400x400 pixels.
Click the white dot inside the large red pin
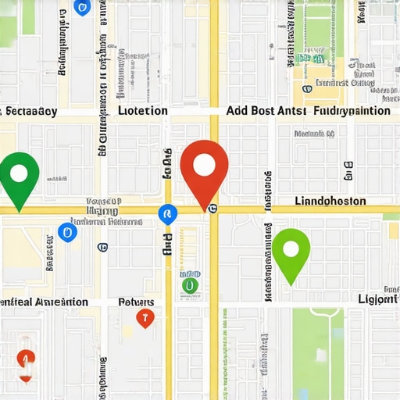pos(204,165)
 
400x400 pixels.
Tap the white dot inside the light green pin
pos(291,249)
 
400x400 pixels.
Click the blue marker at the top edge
pos(81,7)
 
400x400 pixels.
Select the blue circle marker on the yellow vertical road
pos(167,213)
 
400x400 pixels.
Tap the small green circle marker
pos(189,286)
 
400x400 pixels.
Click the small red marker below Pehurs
pos(143,317)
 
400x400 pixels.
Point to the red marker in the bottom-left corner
pos(26,360)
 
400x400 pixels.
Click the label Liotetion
pos(142,111)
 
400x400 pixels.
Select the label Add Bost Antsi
pos(264,111)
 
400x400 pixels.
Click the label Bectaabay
pos(30,111)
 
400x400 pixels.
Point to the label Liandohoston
pos(330,201)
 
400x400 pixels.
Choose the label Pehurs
pos(136,302)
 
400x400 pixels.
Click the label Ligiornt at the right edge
pos(378,300)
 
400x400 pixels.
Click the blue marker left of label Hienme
pos(68,231)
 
